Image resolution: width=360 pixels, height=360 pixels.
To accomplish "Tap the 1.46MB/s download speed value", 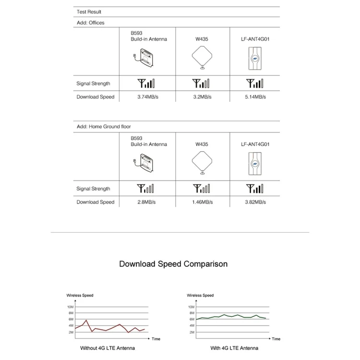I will click(x=202, y=202).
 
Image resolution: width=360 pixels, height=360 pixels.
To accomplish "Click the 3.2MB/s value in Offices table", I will click(x=202, y=97).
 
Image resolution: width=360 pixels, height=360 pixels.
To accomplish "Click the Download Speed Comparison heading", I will click(x=173, y=264).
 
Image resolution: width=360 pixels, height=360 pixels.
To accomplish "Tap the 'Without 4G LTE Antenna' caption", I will click(x=108, y=348).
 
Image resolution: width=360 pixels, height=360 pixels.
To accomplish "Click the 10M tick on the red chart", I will click(x=71, y=307).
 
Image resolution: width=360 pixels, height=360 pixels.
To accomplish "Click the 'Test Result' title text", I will click(x=89, y=12).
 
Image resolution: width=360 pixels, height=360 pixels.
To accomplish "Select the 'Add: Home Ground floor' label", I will click(x=104, y=127).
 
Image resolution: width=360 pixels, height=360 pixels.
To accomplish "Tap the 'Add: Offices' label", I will click(x=90, y=23).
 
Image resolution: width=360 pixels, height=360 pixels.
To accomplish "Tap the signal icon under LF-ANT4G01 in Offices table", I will click(x=254, y=84).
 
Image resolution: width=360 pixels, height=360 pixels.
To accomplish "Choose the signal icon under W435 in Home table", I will click(x=201, y=189).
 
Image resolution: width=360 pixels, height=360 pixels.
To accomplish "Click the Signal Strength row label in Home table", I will click(x=93, y=189).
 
